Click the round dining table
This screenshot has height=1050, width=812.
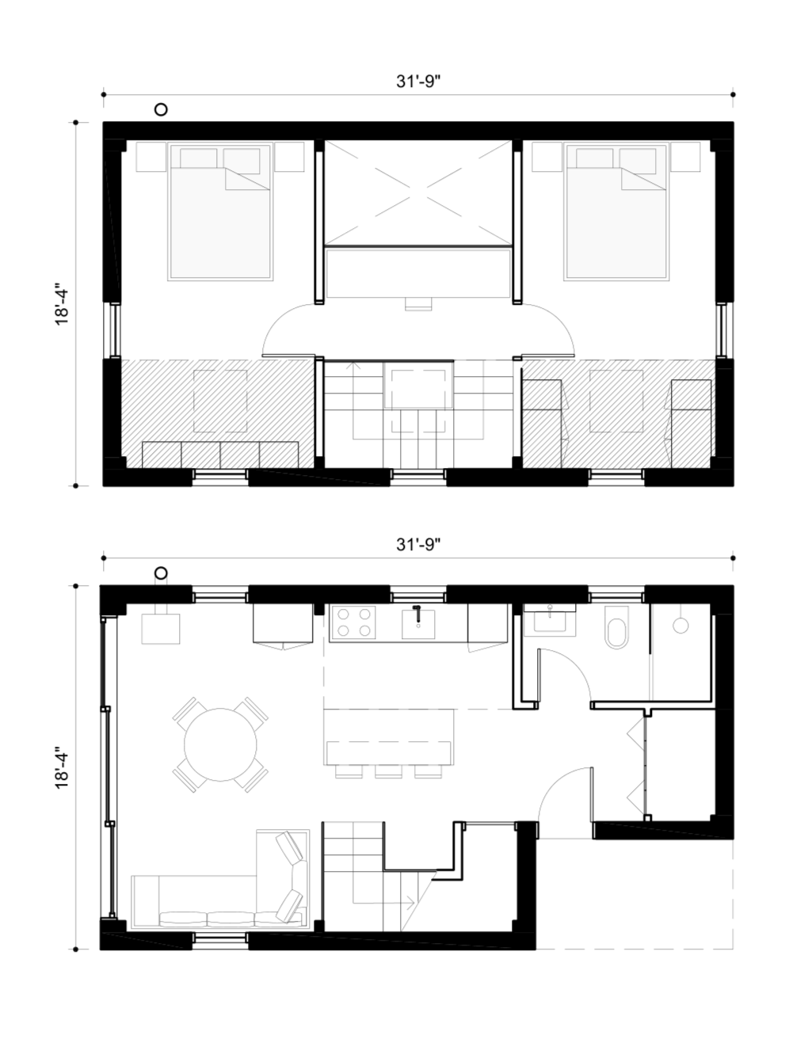point(220,744)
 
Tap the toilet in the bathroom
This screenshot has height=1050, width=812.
point(617,626)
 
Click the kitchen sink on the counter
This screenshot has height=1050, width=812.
point(418,624)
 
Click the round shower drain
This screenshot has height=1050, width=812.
point(680,626)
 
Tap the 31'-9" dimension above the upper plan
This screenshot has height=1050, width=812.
point(418,82)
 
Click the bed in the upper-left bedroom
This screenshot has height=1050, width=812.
point(220,211)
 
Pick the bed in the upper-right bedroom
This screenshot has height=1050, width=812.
point(617,211)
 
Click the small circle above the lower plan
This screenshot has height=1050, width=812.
point(161,573)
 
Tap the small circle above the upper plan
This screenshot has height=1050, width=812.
point(161,110)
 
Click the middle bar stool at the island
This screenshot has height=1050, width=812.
point(389,772)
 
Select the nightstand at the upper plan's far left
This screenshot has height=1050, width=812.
point(151,157)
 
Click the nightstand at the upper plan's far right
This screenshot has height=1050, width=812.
point(685,157)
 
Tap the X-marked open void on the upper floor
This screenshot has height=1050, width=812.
point(418,193)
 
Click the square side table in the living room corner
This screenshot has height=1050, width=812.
point(161,629)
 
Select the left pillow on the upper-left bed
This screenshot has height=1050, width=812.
point(199,158)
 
